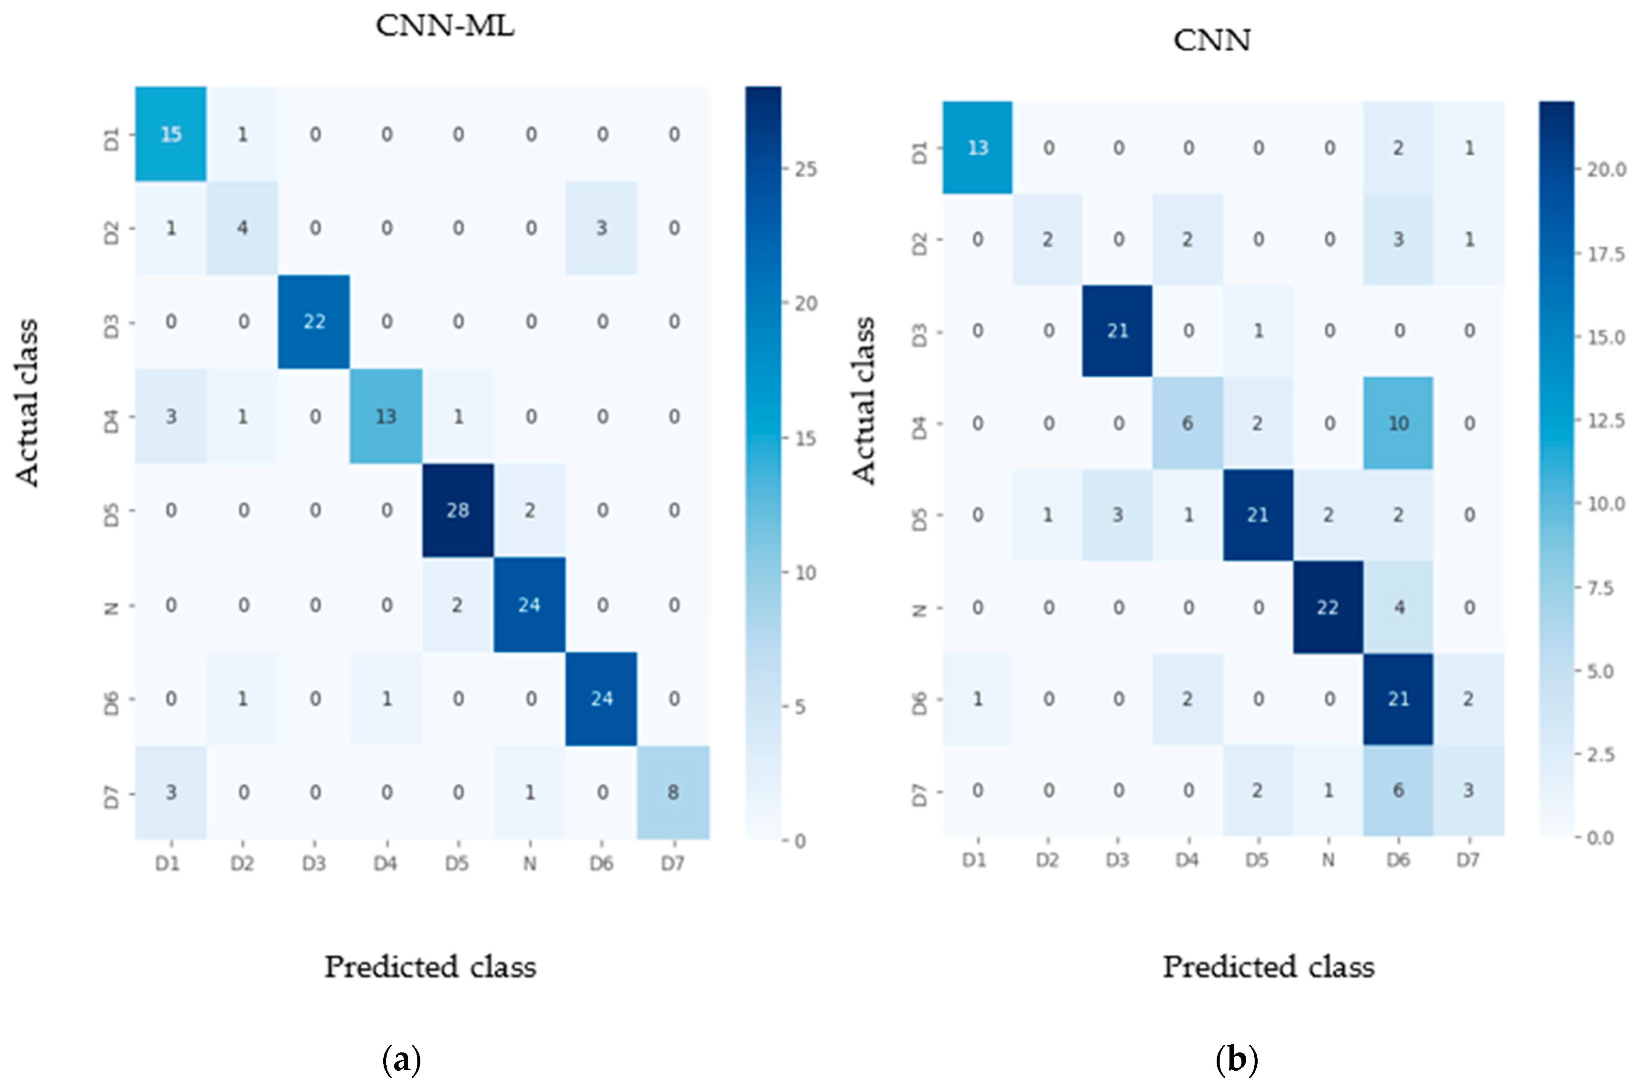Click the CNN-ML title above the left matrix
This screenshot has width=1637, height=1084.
pos(445,26)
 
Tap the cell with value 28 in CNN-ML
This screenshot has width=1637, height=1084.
pos(457,510)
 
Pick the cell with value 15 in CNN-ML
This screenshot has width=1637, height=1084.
pos(171,134)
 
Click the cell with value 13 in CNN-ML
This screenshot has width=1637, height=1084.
pos(386,416)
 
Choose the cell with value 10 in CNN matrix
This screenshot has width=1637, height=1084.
pos(1398,423)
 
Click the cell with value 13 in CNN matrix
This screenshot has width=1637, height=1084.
pos(978,147)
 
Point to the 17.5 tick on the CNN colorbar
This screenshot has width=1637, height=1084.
pos(1605,254)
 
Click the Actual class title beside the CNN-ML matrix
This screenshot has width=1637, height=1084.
pos(28,402)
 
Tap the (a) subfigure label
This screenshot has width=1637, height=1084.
pos(401,1059)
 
